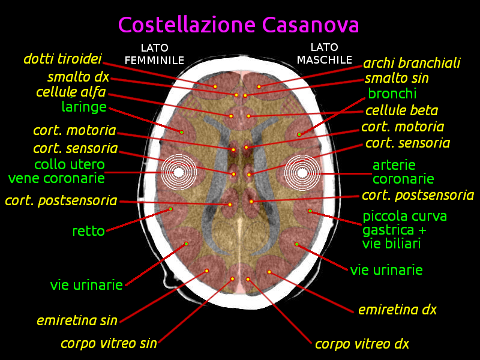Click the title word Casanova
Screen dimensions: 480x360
click(310, 25)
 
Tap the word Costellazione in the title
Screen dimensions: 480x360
click(187, 25)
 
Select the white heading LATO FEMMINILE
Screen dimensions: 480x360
click(154, 54)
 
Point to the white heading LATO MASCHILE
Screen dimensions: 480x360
click(325, 53)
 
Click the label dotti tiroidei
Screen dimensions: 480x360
click(63, 58)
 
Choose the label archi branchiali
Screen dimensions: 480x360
click(412, 63)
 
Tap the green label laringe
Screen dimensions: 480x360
click(84, 107)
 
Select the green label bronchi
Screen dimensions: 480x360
click(392, 94)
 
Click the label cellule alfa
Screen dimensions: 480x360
click(71, 92)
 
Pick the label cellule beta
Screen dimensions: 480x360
click(401, 110)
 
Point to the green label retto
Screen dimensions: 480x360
click(88, 231)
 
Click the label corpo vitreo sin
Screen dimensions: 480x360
click(109, 343)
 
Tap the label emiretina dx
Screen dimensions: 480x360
click(397, 310)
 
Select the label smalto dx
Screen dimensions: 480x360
click(79, 77)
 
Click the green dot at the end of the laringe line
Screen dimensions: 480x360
click(182, 132)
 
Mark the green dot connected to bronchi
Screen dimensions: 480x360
click(299, 134)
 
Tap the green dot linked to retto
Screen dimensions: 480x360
click(171, 209)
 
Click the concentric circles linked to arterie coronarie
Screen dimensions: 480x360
click(302, 173)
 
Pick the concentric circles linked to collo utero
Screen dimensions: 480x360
click(179, 172)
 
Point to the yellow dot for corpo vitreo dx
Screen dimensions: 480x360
click(248, 279)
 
